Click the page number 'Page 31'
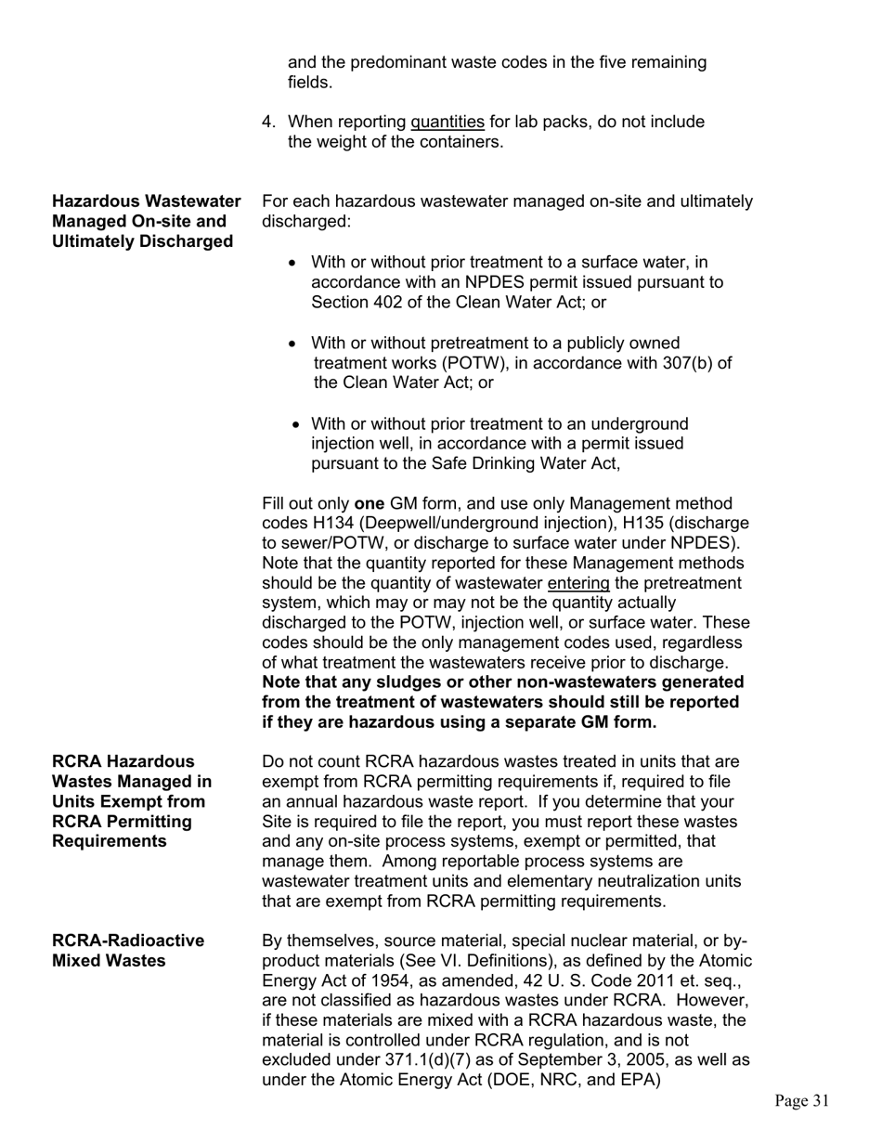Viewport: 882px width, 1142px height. tap(801, 1101)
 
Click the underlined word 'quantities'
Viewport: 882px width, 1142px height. tap(447, 123)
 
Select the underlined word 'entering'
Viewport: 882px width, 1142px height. tap(578, 583)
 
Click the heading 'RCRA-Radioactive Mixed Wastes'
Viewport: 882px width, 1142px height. tap(128, 951)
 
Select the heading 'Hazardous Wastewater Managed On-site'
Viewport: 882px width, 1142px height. tap(146, 221)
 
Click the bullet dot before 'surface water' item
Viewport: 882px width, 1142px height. tap(293, 263)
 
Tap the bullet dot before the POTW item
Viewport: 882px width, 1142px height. tap(293, 344)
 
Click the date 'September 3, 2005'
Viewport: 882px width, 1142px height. tap(607, 1059)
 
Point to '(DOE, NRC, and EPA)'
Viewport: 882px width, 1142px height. tap(584, 1080)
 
